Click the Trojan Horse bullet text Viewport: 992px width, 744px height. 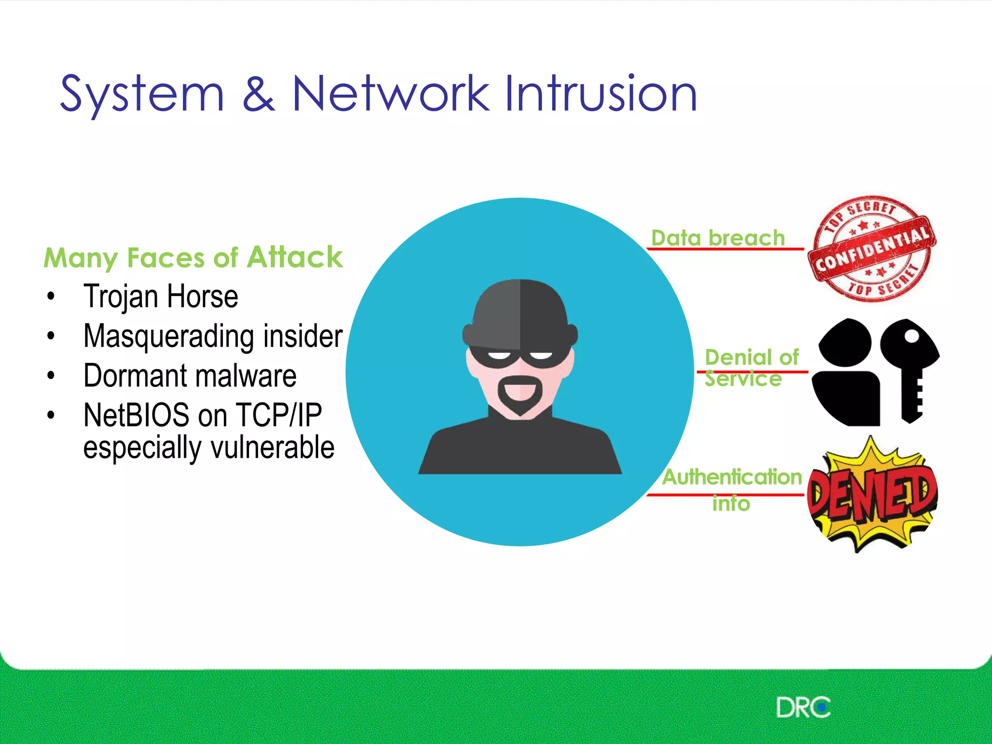pyautogui.click(x=161, y=296)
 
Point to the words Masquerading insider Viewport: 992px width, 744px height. pyautogui.click(x=213, y=336)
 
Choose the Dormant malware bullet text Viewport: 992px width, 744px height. pyautogui.click(x=190, y=375)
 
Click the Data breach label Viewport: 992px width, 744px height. pyautogui.click(x=718, y=238)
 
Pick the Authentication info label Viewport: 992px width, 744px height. pyautogui.click(x=732, y=488)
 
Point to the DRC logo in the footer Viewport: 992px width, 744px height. pyautogui.click(x=803, y=707)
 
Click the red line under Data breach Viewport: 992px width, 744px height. pyautogui.click(x=725, y=249)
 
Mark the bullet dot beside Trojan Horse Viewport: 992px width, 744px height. pyautogui.click(x=51, y=296)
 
